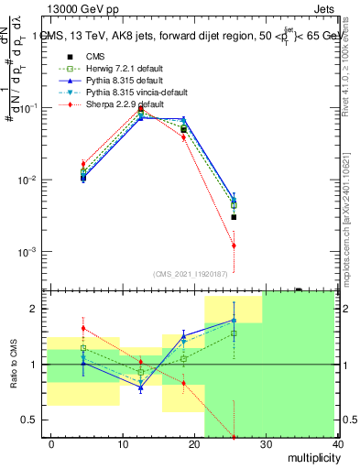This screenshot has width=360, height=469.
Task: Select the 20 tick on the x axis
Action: (x=194, y=443)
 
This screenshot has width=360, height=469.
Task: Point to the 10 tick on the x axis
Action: (x=123, y=443)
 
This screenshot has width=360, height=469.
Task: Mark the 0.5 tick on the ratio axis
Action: (x=34, y=420)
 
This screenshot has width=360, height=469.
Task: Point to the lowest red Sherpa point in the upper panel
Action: (x=235, y=245)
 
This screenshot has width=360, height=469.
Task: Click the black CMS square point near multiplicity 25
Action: (x=235, y=217)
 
